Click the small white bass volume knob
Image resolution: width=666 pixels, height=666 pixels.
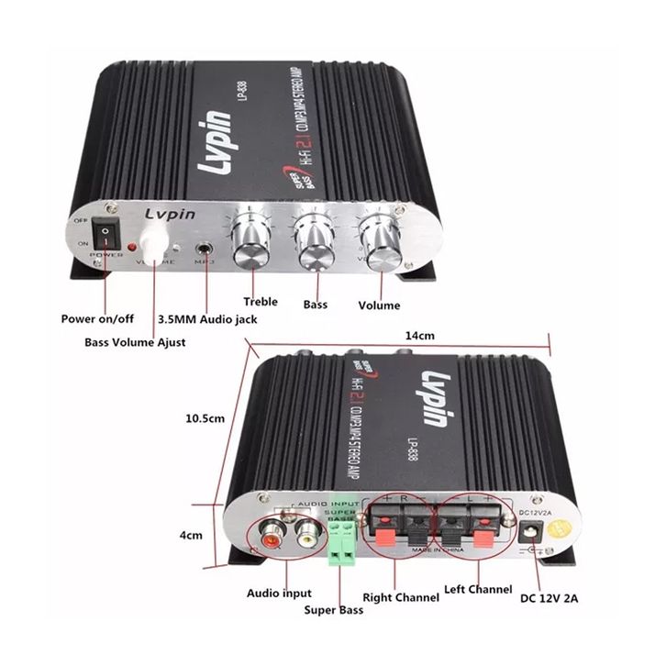(x=157, y=240)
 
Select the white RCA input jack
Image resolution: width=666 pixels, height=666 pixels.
(x=305, y=535)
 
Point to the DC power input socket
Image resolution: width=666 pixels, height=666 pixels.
(x=528, y=532)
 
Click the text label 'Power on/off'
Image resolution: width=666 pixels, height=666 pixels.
(x=97, y=319)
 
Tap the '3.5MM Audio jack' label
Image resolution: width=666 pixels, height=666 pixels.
(x=207, y=319)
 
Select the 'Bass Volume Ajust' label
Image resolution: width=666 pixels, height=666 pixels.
(x=135, y=342)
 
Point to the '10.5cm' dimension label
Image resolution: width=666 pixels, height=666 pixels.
(x=205, y=418)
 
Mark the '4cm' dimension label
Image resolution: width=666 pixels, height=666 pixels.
(x=190, y=535)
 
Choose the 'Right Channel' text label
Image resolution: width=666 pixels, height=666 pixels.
(x=401, y=597)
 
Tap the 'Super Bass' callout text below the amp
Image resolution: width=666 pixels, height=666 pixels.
(x=334, y=610)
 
